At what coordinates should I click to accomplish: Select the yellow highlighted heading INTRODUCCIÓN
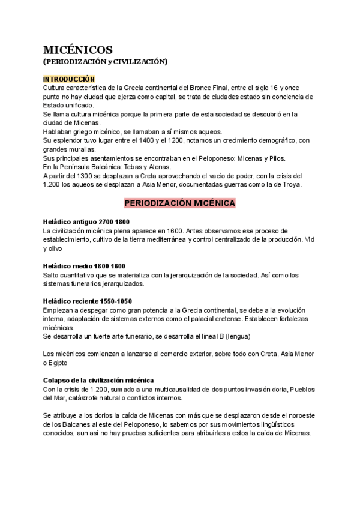tap(69, 79)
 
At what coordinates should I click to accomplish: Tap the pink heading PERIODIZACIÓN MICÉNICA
tap(179, 203)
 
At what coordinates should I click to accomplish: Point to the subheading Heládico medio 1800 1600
tap(84, 265)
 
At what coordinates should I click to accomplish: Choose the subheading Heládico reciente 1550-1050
tap(88, 301)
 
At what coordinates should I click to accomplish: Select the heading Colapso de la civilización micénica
tap(98, 380)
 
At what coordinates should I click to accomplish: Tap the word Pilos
tap(275, 158)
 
